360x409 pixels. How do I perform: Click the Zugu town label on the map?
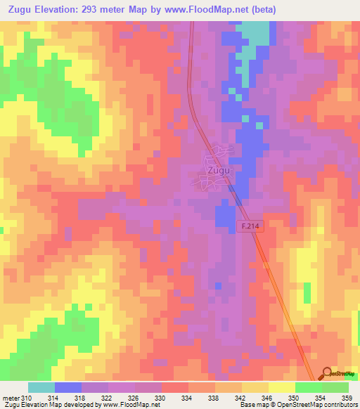217,170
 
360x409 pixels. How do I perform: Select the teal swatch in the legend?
41,387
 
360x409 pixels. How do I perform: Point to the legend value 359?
347,398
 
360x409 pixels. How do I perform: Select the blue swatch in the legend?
68,387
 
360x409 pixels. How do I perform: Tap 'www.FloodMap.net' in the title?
217,10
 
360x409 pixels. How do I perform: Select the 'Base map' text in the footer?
255,405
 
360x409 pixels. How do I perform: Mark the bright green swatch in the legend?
308,387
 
